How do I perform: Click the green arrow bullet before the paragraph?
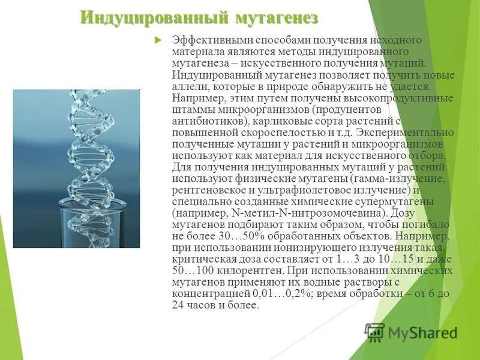click(x=158, y=40)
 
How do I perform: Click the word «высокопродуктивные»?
click(x=394, y=98)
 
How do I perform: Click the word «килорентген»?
click(x=235, y=271)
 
